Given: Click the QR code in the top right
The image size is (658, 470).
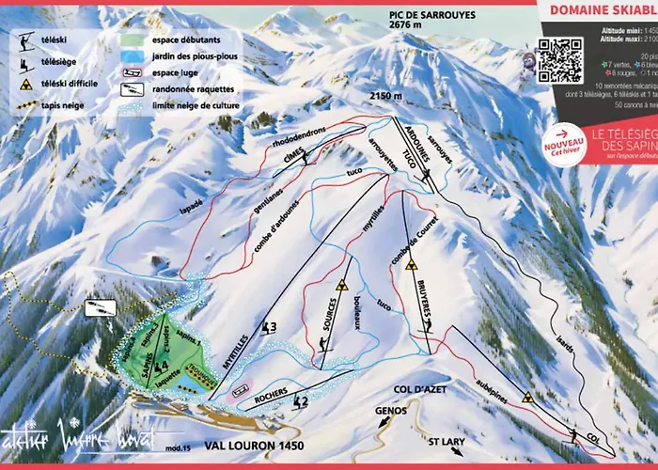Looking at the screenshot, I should click(560, 58).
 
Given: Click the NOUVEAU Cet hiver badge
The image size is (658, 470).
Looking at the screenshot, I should click(567, 149).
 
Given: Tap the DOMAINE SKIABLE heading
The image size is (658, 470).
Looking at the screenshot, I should click(602, 11).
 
